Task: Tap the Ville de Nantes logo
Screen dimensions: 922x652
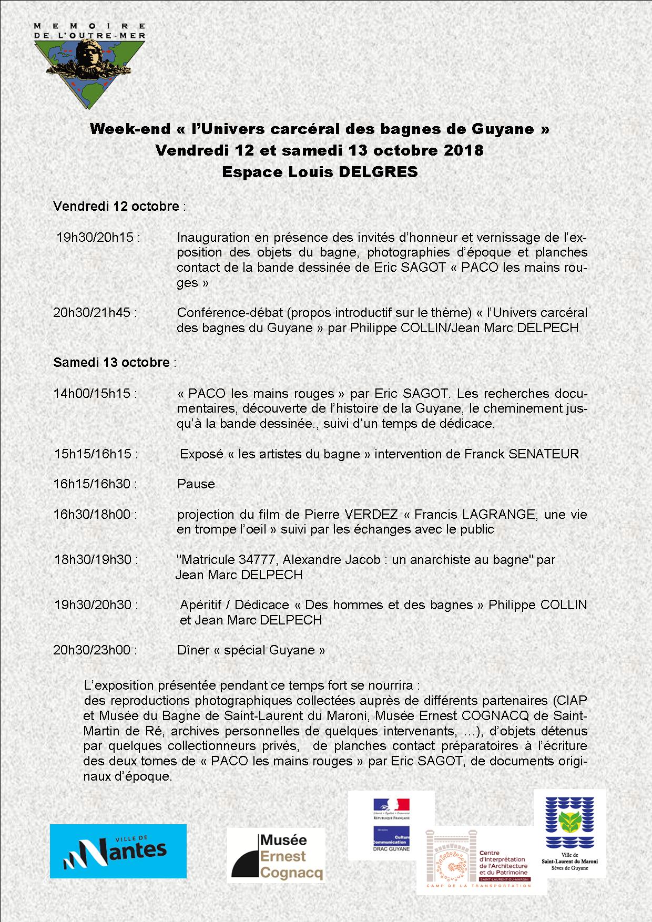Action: tap(118, 851)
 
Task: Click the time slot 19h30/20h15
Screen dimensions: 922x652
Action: tap(98, 237)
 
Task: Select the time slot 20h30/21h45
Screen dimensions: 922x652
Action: tap(95, 312)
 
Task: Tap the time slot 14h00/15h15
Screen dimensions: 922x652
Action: tap(95, 393)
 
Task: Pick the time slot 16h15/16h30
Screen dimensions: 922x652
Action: tap(95, 484)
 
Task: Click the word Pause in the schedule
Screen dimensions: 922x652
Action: tap(196, 484)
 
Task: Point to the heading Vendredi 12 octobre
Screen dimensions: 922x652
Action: tap(116, 206)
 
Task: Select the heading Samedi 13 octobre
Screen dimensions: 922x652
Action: tap(111, 362)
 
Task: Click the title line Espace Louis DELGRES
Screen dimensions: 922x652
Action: tap(320, 172)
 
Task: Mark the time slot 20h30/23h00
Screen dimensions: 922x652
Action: tap(95, 650)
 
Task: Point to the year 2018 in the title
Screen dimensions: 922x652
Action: tap(463, 150)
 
